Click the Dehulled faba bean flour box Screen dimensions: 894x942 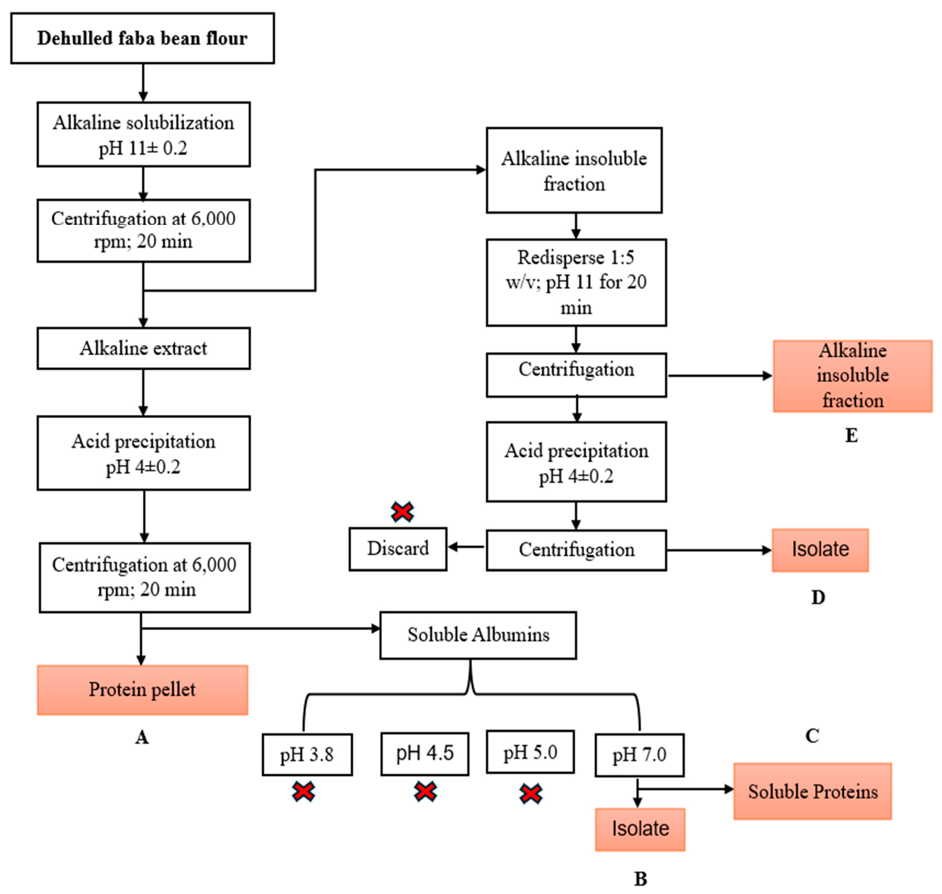[143, 38]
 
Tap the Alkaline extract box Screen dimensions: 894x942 [143, 348]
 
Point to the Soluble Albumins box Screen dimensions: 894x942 [478, 635]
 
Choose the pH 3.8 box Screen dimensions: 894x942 [307, 755]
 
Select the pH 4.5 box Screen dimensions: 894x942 [424, 754]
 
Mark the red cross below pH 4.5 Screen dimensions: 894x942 [425, 792]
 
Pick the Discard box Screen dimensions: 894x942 [398, 549]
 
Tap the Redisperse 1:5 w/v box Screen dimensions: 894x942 [576, 282]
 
